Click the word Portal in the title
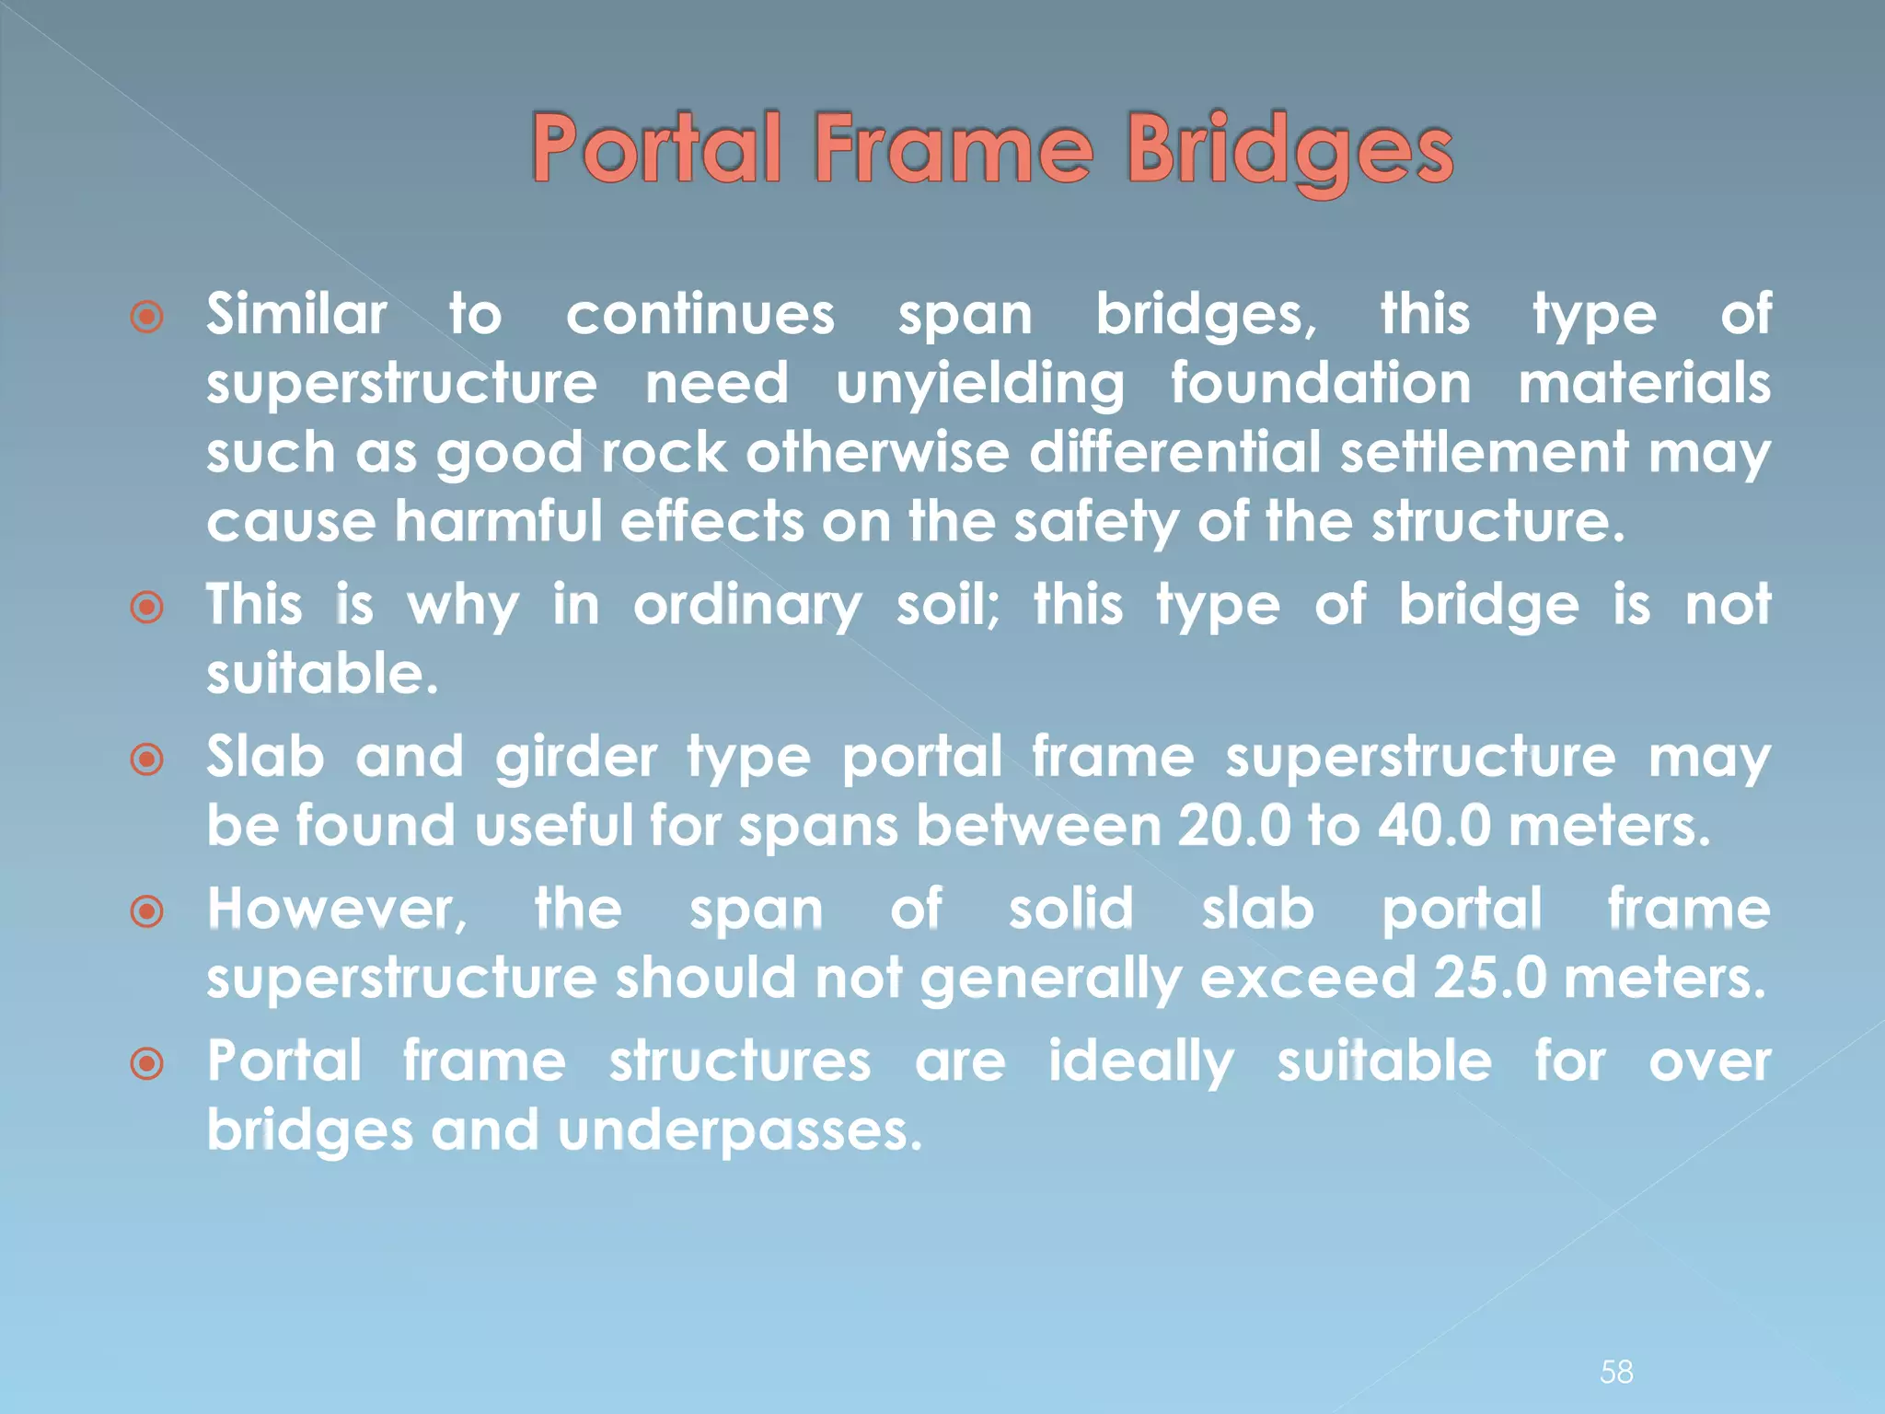pyautogui.click(x=658, y=149)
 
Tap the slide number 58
pyautogui.click(x=1616, y=1372)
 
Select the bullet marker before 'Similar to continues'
pyautogui.click(x=147, y=317)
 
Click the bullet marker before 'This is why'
pyautogui.click(x=147, y=608)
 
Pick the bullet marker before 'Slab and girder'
pyautogui.click(x=147, y=759)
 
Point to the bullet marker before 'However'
pyautogui.click(x=147, y=911)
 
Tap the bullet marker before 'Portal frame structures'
pyautogui.click(x=147, y=1064)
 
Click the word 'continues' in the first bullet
pyautogui.click(x=700, y=316)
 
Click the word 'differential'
pyautogui.click(x=1174, y=454)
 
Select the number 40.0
pyautogui.click(x=1434, y=826)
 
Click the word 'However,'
pyautogui.click(x=337, y=910)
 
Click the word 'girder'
pyautogui.click(x=576, y=759)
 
